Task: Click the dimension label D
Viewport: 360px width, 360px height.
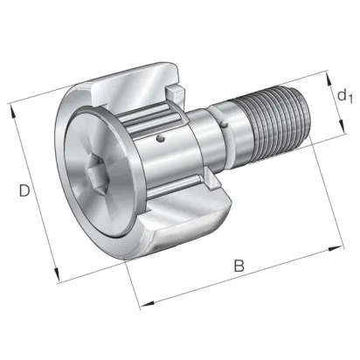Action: point(24,190)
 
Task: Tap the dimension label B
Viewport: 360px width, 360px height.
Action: point(239,266)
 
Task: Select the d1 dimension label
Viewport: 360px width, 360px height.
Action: point(345,96)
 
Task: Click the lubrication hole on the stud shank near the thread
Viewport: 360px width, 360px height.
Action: point(224,125)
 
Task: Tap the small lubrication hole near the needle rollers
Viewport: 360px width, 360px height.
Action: point(160,139)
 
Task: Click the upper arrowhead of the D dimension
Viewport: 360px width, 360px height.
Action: point(13,112)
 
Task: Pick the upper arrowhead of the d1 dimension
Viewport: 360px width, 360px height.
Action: point(329,79)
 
